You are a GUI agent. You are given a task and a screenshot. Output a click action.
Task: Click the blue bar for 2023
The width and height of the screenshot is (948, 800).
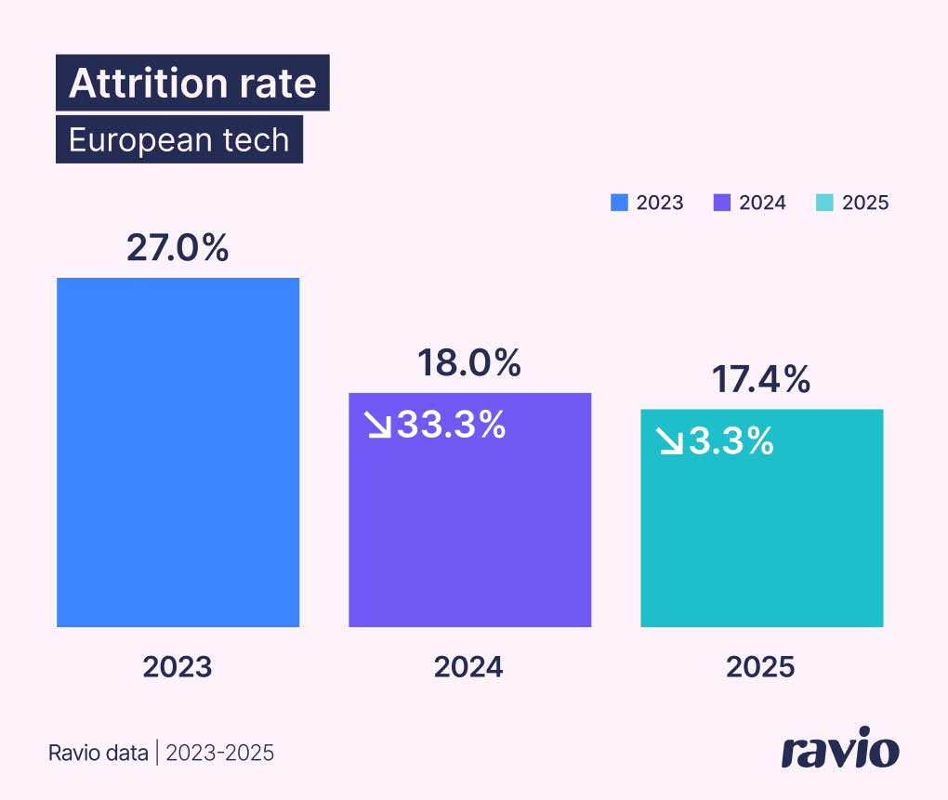click(x=178, y=452)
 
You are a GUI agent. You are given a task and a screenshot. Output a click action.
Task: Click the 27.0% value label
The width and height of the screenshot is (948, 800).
click(x=178, y=249)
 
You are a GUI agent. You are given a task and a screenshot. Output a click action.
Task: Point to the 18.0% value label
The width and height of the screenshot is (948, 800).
click(x=468, y=363)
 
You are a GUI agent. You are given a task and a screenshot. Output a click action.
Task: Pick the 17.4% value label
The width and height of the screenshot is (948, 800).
click(x=761, y=380)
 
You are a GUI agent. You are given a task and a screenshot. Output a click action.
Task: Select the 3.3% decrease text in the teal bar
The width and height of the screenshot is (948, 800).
click(x=731, y=441)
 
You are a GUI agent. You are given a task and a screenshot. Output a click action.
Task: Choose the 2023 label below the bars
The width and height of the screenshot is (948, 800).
click(x=178, y=667)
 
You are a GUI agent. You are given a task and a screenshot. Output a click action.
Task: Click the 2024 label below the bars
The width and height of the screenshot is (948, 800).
click(x=468, y=667)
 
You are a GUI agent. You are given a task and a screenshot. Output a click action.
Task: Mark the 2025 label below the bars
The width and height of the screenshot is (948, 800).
click(x=761, y=667)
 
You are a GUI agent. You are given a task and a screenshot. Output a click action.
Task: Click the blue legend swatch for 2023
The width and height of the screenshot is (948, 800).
click(x=620, y=203)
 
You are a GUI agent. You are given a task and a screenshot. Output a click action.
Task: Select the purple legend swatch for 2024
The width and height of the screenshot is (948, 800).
click(x=722, y=203)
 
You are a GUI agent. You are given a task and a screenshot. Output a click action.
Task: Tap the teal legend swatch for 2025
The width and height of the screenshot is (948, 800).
click(x=825, y=203)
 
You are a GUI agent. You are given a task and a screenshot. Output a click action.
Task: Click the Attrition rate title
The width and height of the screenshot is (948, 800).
click(x=192, y=84)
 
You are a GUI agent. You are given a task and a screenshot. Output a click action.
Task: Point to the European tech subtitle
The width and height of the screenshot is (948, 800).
click(x=179, y=140)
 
